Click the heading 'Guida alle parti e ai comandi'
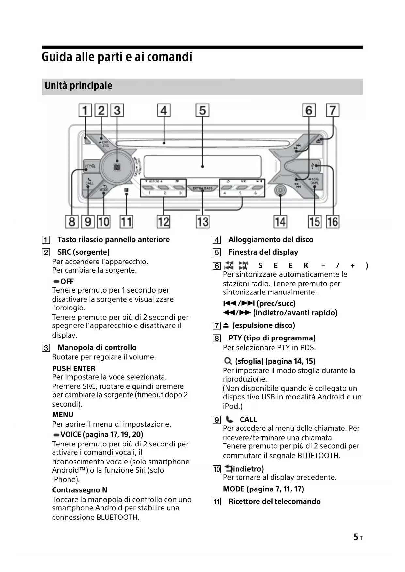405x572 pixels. pos(117,57)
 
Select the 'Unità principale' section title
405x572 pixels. pos(78,86)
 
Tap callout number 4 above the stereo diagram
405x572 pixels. pos(164,110)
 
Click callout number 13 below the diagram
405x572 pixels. pos(202,222)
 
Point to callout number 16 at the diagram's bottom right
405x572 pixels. pos(333,222)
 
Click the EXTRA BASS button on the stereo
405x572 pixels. pos(202,188)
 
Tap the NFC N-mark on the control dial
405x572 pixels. pos(117,168)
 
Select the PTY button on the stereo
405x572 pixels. pos(90,166)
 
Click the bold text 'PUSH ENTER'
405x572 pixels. pos(74,369)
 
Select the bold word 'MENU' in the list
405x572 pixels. pos(63,414)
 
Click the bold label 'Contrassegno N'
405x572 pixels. pos(80,490)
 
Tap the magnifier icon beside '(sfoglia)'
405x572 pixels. pos(228,361)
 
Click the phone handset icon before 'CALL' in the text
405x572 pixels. pos(230,419)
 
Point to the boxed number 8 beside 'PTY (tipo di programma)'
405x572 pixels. pos(217,338)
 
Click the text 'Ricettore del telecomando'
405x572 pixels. pos(274,501)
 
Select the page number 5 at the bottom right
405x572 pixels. pos(356,537)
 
